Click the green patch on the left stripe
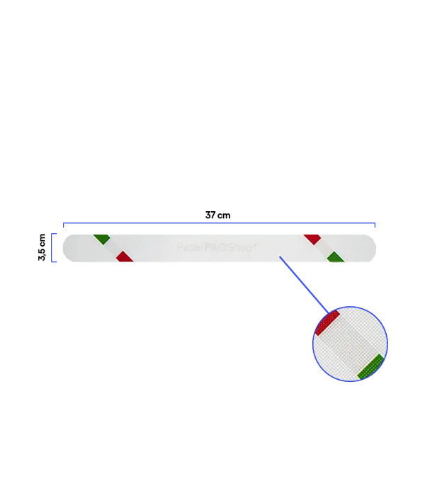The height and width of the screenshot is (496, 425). coord(101,237)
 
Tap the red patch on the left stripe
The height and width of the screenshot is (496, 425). coord(125,257)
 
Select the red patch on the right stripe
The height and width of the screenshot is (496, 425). coord(312,238)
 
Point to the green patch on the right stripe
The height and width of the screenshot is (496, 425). coord(336,259)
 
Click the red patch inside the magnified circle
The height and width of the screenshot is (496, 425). coord(327,322)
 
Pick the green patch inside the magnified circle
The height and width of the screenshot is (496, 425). coord(370,366)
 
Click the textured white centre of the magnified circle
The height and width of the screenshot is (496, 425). coord(348,345)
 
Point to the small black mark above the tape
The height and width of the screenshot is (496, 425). coord(217,214)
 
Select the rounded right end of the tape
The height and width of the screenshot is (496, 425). coord(373,248)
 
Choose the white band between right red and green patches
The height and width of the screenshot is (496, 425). coord(324,248)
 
